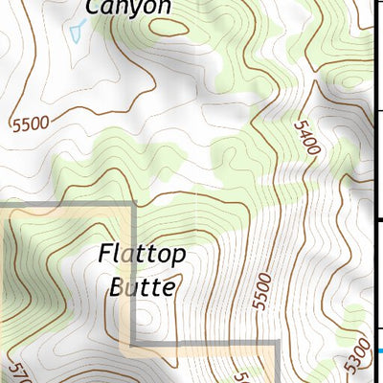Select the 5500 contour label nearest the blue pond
(30, 123)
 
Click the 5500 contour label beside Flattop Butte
(262, 291)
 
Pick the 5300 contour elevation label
(357, 355)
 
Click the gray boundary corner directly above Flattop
(133, 205)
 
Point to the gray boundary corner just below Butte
(133, 342)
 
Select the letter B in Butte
(116, 285)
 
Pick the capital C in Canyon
(93, 8)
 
